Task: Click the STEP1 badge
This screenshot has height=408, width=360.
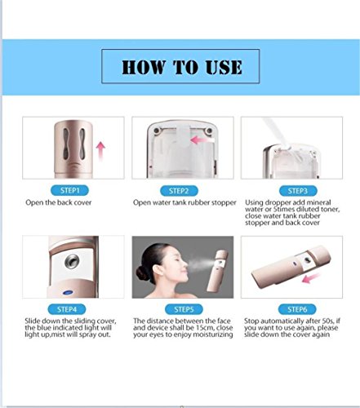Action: click(x=69, y=190)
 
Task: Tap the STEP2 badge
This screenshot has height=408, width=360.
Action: click(x=179, y=191)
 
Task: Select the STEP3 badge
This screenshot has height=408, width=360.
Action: click(x=298, y=191)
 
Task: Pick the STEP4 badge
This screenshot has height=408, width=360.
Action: click(x=67, y=309)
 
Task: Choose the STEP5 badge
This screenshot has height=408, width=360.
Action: click(x=184, y=309)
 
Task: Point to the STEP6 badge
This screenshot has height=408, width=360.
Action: click(x=297, y=309)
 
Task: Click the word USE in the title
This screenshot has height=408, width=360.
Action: click(x=224, y=67)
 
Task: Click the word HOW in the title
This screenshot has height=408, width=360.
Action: click(x=144, y=67)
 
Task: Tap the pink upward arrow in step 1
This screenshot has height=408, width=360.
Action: click(x=100, y=151)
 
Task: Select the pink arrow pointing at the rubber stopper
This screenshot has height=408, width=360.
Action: click(x=202, y=140)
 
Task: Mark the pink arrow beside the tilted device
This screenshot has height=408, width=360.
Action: click(x=311, y=278)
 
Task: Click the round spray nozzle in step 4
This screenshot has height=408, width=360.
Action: click(x=72, y=261)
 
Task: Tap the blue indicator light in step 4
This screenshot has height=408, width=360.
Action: click(x=68, y=293)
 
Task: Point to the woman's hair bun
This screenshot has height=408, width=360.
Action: click(x=142, y=273)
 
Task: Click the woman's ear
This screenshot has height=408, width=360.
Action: click(x=164, y=269)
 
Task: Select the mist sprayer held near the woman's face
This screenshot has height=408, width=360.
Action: click(x=217, y=271)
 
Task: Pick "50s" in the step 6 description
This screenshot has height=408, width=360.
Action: click(x=328, y=321)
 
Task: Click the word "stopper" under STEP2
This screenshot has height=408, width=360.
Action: click(x=223, y=202)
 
